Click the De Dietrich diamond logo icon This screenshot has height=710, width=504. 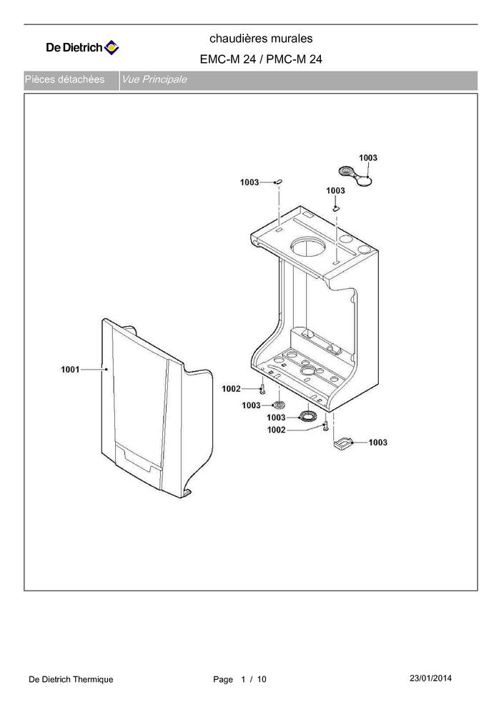click(x=112, y=47)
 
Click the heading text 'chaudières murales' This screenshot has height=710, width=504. click(x=261, y=39)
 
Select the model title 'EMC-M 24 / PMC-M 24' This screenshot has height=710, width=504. click(x=261, y=59)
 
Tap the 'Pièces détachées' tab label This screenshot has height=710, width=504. click(x=65, y=79)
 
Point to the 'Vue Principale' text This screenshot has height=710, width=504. click(x=154, y=79)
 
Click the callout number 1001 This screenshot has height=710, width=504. click(x=70, y=370)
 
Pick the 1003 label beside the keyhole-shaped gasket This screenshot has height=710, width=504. click(x=367, y=157)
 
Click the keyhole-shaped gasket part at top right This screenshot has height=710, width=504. click(x=356, y=176)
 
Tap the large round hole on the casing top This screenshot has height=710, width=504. click(x=308, y=249)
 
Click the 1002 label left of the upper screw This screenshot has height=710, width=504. click(x=231, y=388)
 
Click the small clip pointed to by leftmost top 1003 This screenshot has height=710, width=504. click(x=279, y=182)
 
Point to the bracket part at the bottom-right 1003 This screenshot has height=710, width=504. click(x=342, y=443)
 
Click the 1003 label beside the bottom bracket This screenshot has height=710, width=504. click(x=377, y=443)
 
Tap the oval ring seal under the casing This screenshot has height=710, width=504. click(x=310, y=416)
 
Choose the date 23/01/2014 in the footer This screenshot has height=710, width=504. click(x=430, y=678)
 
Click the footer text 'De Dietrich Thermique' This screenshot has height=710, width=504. click(x=71, y=679)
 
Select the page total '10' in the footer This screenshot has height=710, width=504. click(x=262, y=679)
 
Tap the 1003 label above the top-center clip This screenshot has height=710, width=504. click(x=335, y=191)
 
